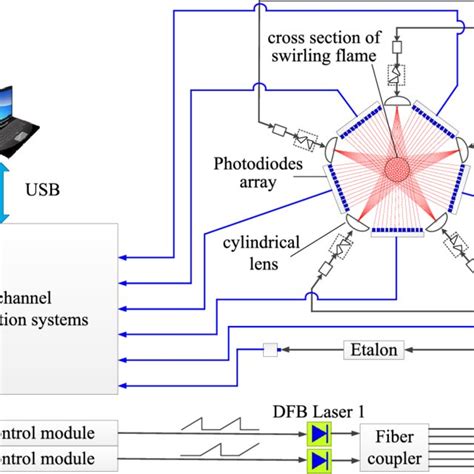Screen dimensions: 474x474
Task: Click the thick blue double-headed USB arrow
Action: [26, 186]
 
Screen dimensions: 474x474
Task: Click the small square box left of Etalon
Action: [269, 350]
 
